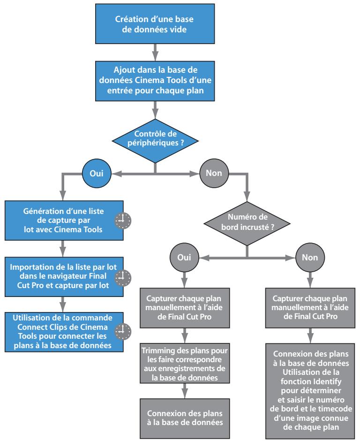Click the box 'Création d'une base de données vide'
pyautogui.click(x=155, y=24)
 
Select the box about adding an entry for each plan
pyautogui.click(x=155, y=81)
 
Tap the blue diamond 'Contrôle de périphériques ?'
pyautogui.click(x=155, y=141)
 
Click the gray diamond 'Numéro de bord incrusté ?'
pyautogui.click(x=247, y=224)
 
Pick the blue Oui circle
pyautogui.click(x=97, y=173)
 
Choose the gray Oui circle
pyautogui.click(x=184, y=258)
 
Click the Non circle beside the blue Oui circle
pyautogui.click(x=214, y=173)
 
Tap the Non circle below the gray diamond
pyautogui.click(x=310, y=258)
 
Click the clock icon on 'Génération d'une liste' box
pyautogui.click(x=123, y=220)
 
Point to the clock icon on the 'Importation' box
pyautogui.click(x=123, y=278)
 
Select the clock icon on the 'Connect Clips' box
pyautogui.click(x=123, y=331)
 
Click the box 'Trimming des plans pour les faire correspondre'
pyautogui.click(x=185, y=364)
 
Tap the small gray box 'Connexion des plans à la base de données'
pyautogui.click(x=185, y=418)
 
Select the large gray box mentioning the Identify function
pyautogui.click(x=310, y=391)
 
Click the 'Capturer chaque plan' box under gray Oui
pyautogui.click(x=185, y=308)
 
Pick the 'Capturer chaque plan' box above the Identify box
pyautogui.click(x=310, y=308)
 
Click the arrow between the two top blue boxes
pyautogui.click(x=155, y=53)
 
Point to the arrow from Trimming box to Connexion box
pyautogui.click(x=185, y=391)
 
